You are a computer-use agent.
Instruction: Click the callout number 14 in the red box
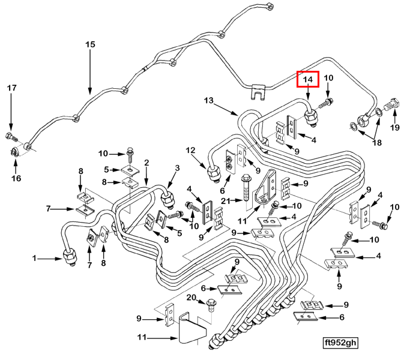point(308,79)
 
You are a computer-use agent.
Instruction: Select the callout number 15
point(90,44)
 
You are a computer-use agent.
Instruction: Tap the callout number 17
point(11,88)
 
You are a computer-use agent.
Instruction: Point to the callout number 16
point(16,178)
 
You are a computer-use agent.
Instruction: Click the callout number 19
point(395,128)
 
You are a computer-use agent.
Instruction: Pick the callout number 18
point(377,142)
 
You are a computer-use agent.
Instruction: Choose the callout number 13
point(209,100)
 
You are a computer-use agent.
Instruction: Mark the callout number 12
point(190,150)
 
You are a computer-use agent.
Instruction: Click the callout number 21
point(226,200)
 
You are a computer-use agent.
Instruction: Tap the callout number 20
point(191,297)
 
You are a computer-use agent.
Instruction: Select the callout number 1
point(34,258)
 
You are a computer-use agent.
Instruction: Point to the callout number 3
point(177,168)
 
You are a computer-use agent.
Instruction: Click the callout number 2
point(146,163)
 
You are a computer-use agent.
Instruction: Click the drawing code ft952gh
point(340,343)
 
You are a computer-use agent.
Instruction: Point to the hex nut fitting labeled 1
point(70,257)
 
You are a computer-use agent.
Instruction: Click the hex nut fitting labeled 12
point(214,173)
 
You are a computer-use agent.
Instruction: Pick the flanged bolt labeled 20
point(211,305)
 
